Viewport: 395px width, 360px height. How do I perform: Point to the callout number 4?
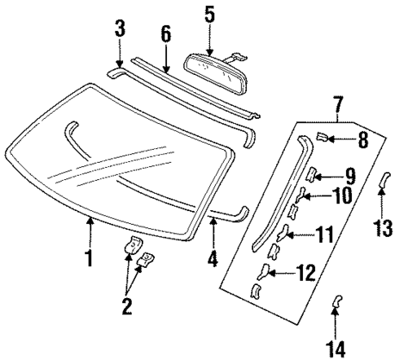(x=213, y=261)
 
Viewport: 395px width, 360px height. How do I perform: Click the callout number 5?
(x=209, y=14)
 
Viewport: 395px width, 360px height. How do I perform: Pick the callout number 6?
(x=166, y=34)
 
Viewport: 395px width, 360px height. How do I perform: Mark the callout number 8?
(x=363, y=139)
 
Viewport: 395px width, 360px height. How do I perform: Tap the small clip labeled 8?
(x=323, y=137)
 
